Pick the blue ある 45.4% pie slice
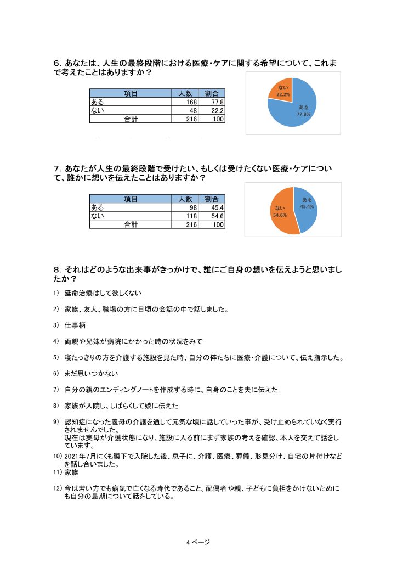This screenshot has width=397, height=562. pyautogui.click(x=305, y=206)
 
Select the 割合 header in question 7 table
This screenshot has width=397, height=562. pyautogui.click(x=211, y=199)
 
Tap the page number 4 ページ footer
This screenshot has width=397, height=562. pyautogui.click(x=198, y=542)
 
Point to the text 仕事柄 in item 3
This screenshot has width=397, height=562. pyautogui.click(x=75, y=325)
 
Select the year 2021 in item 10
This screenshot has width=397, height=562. pyautogui.click(x=73, y=456)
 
